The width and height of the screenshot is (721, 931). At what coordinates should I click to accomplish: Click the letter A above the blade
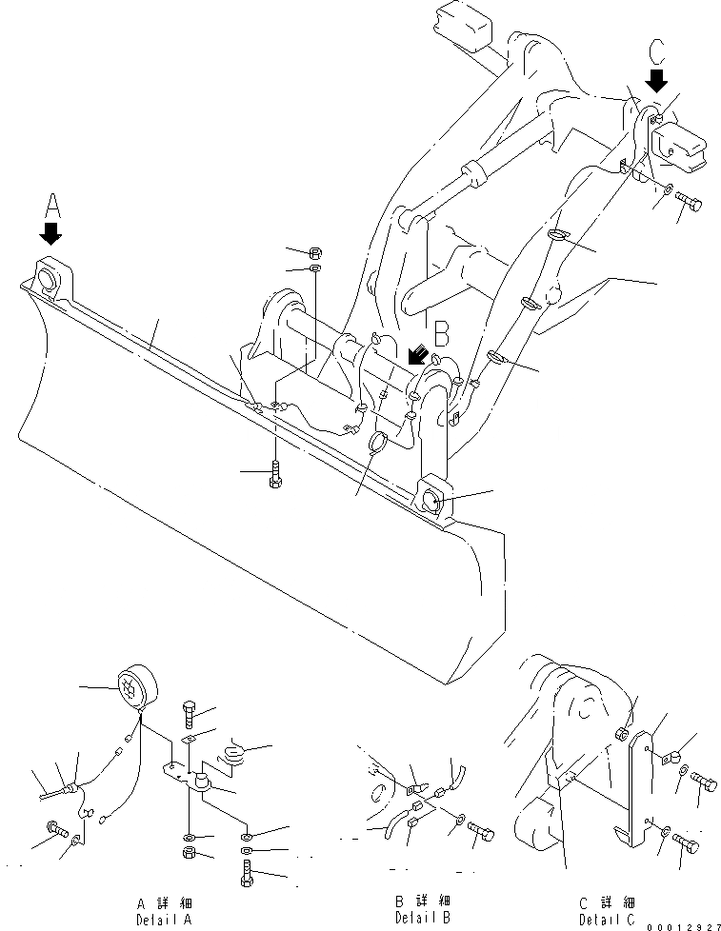[52, 204]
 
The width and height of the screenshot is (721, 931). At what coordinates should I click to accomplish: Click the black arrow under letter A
[51, 232]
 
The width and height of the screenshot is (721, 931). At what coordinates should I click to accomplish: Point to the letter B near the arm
[441, 334]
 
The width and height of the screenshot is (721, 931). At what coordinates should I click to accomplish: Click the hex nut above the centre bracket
[315, 253]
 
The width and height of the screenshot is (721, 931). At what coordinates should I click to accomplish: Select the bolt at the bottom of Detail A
[248, 872]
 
